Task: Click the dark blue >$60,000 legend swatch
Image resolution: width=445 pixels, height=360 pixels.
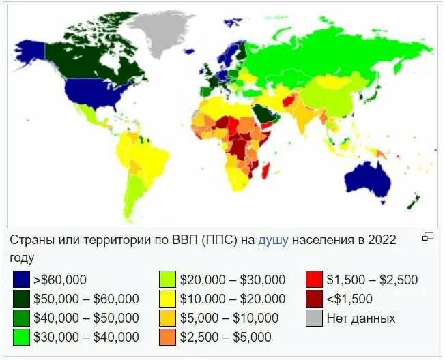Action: coord(22,280)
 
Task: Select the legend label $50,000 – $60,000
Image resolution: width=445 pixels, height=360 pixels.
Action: coord(90,299)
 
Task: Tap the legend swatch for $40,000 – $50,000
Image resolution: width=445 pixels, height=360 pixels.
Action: coord(22,318)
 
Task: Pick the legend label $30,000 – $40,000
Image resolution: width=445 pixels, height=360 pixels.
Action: coord(90,337)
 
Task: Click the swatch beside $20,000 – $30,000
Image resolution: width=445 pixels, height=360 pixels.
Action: coord(168,280)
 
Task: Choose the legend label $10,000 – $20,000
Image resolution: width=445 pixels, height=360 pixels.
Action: coord(233,299)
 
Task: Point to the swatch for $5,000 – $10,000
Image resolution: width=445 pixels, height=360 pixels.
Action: coord(168,318)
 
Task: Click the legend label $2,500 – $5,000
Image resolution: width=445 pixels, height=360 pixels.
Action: coord(226,337)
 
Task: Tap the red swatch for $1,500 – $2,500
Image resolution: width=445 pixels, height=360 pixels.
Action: coord(314,280)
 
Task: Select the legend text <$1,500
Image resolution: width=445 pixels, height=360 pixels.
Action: coord(349,299)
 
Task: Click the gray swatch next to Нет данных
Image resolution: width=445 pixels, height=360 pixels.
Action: coord(314,318)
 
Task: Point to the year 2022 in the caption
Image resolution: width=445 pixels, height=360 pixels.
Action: coord(382,241)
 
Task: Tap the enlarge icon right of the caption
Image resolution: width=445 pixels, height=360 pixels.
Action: coord(428,237)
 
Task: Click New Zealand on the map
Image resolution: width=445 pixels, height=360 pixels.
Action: coord(414,202)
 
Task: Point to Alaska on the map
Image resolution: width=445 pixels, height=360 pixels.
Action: coord(31,51)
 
